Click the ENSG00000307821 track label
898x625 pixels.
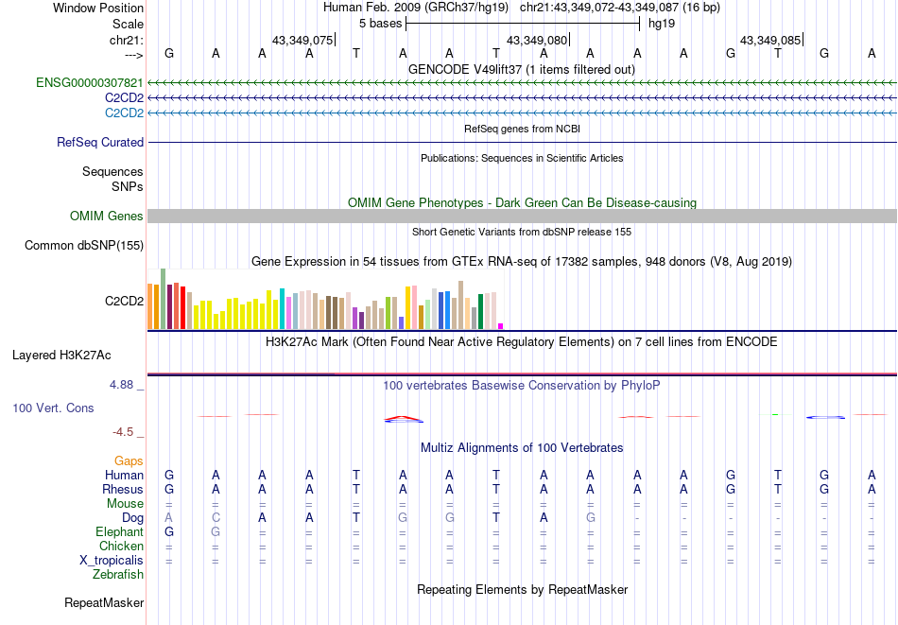pyautogui.click(x=90, y=83)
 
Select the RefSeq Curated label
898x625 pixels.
pyautogui.click(x=100, y=143)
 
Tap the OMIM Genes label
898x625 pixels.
pyautogui.click(x=107, y=217)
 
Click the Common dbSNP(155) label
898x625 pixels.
pyautogui.click(x=84, y=246)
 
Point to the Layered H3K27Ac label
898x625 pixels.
pyautogui.click(x=61, y=356)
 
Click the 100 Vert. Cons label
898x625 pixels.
pyautogui.click(x=53, y=408)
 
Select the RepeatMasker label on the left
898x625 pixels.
pyautogui.click(x=104, y=602)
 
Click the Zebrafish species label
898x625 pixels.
pyautogui.click(x=118, y=574)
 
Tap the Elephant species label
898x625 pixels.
pyautogui.click(x=120, y=531)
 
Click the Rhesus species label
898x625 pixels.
pyautogui.click(x=123, y=490)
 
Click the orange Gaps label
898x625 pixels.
pyautogui.click(x=130, y=460)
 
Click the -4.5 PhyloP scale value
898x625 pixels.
pyautogui.click(x=123, y=432)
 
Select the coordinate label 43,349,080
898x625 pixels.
pyautogui.click(x=537, y=41)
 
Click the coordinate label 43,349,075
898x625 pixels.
pyautogui.click(x=302, y=41)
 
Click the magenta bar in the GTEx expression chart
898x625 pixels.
pyautogui.click(x=501, y=326)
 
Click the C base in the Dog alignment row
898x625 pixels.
pyautogui.click(x=216, y=517)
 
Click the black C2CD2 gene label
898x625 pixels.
pyautogui.click(x=124, y=302)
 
